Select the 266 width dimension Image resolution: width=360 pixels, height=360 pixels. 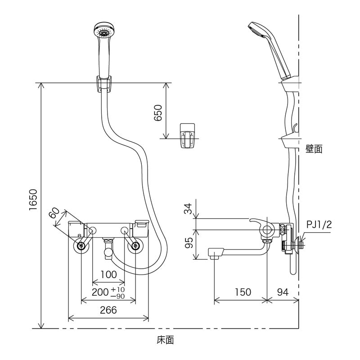108,310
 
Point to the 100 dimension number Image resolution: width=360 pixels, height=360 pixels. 108,274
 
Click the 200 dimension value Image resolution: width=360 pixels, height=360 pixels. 99,292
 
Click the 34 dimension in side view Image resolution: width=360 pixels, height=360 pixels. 189,209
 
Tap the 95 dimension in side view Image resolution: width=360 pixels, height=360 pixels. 189,243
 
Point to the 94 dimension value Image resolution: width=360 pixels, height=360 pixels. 283,292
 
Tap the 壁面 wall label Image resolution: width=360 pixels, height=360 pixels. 314,149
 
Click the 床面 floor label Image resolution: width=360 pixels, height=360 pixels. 165,340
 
